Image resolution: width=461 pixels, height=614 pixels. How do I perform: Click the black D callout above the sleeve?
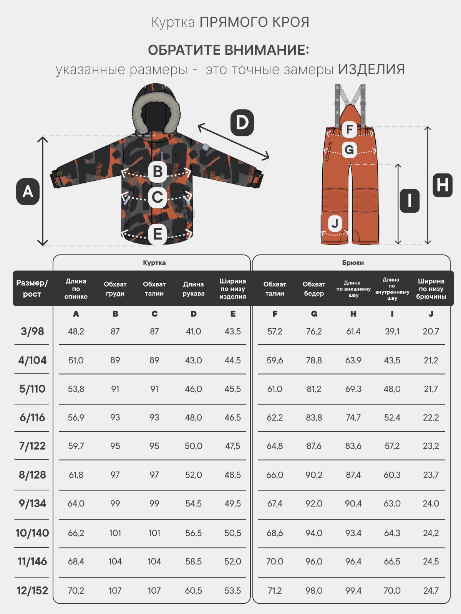click(242, 123)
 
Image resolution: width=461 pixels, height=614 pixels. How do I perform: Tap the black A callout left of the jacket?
click(28, 191)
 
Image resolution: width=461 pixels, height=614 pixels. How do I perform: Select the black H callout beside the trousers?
click(443, 185)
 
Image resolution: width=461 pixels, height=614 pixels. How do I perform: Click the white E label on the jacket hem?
click(158, 234)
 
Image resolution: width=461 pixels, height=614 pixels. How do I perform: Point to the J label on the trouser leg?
click(335, 223)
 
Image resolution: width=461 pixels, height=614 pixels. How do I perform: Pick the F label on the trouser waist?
click(349, 129)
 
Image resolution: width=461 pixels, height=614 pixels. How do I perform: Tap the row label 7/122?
click(32, 446)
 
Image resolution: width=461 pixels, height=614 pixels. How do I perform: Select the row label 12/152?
click(32, 591)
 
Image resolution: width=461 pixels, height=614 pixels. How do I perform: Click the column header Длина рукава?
click(193, 289)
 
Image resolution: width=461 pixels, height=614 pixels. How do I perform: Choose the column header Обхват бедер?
click(314, 289)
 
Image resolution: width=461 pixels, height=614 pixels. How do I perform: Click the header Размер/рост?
click(32, 289)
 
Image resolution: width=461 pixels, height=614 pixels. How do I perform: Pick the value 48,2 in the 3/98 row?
click(76, 332)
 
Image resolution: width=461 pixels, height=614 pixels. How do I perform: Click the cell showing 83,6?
click(353, 446)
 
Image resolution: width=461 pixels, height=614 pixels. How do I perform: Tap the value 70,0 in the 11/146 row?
click(275, 561)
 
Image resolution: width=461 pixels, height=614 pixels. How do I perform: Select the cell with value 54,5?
click(193, 503)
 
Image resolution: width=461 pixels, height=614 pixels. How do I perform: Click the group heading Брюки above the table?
click(353, 262)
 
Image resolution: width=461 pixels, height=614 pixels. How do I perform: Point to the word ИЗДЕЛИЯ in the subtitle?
click(371, 69)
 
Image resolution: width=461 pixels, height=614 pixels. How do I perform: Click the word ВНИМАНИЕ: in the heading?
click(267, 50)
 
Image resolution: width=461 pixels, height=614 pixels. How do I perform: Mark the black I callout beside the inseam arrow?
click(410, 201)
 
